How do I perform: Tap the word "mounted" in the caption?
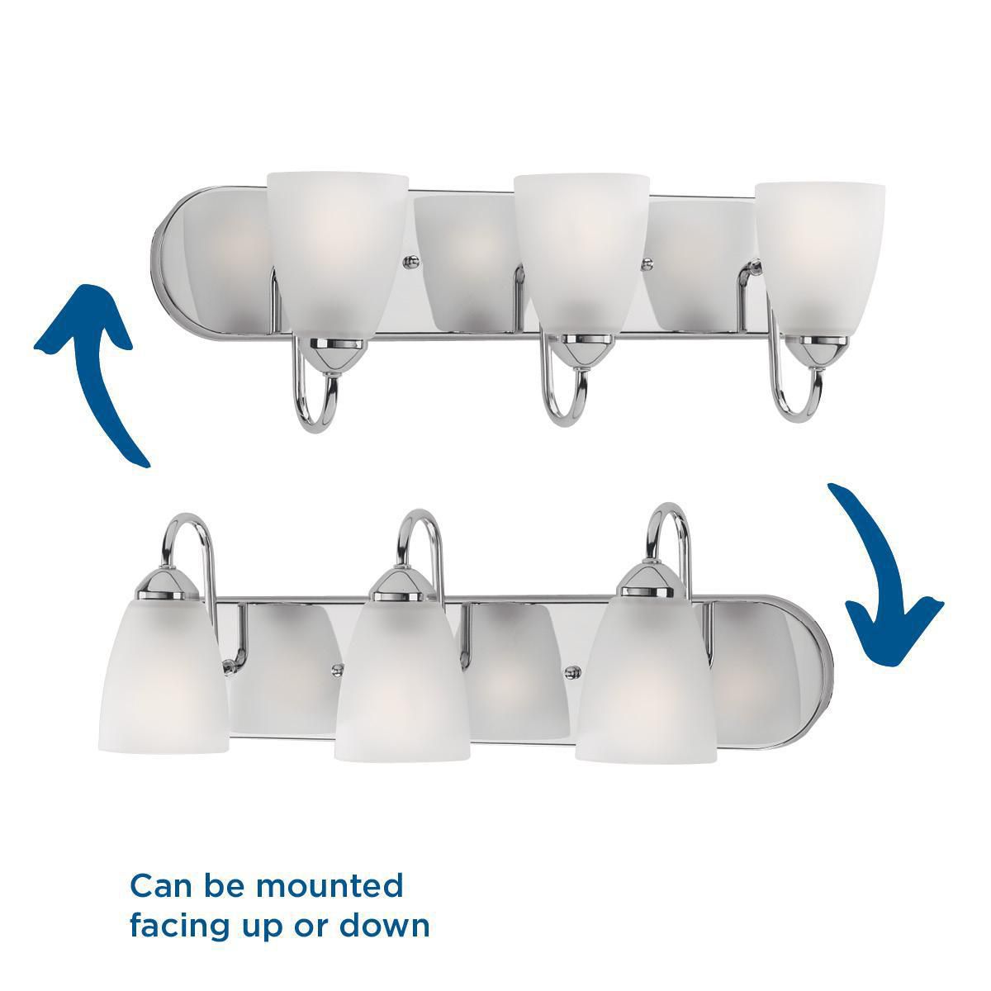(330, 885)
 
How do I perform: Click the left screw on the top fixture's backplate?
(409, 262)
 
